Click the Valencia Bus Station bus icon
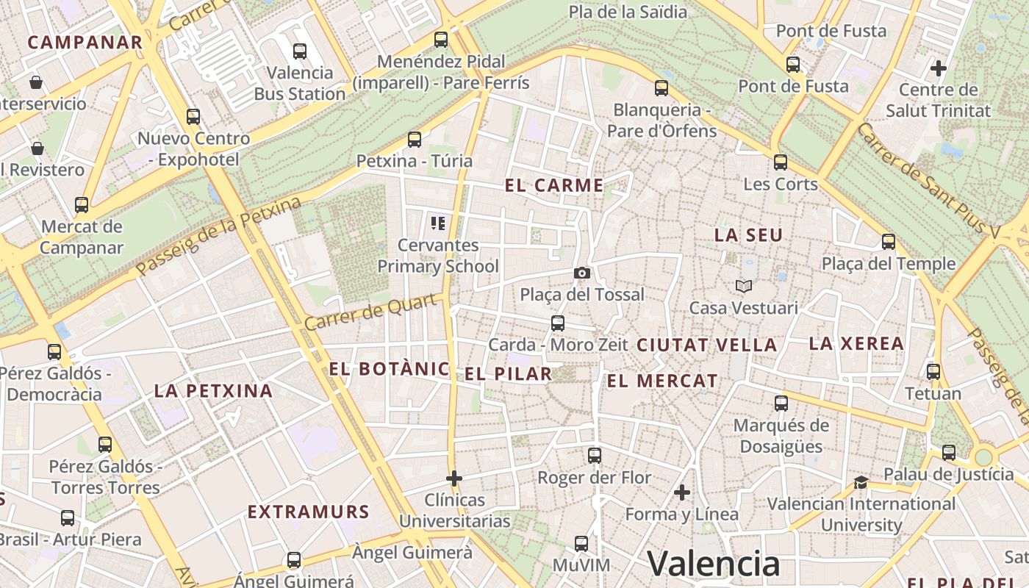click(x=300, y=51)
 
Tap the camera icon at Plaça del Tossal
click(x=581, y=273)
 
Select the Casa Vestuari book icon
click(x=744, y=286)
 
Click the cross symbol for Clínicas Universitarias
click(x=454, y=478)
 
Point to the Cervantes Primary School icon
click(x=439, y=223)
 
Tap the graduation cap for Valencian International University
click(x=861, y=482)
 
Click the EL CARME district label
click(x=554, y=186)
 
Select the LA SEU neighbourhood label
click(x=749, y=235)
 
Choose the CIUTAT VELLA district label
click(x=706, y=345)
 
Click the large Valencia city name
click(x=713, y=564)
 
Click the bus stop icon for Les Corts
click(x=781, y=162)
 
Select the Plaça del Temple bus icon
click(x=889, y=241)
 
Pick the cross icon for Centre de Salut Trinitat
click(x=939, y=68)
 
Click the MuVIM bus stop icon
click(x=581, y=544)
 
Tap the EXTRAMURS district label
click(x=308, y=512)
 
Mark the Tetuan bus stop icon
click(x=933, y=372)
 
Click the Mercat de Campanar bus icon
click(x=82, y=204)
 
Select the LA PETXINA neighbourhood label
click(x=213, y=391)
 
